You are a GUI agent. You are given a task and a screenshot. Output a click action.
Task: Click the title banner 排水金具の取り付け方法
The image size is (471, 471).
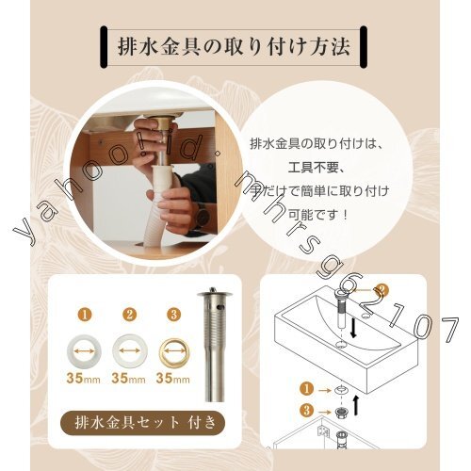coord(235,44)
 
